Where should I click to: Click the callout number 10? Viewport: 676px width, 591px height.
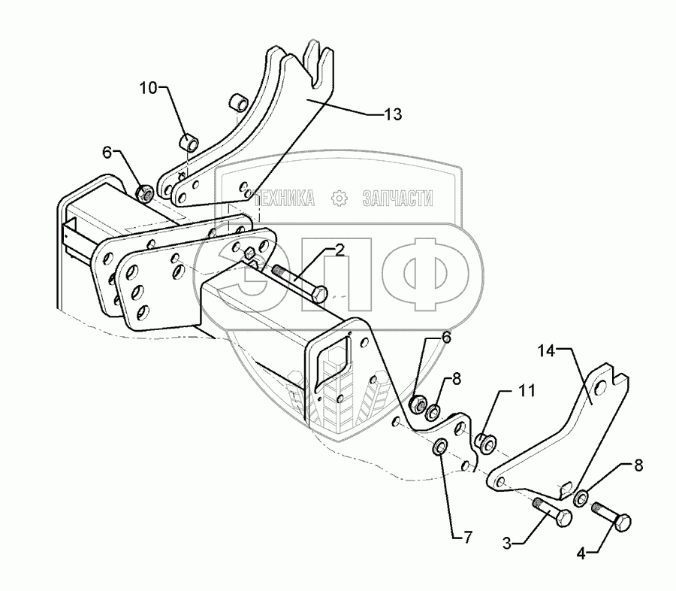(x=147, y=88)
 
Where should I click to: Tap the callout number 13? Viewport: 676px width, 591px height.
(x=392, y=114)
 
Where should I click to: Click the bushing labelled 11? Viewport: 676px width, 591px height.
(x=486, y=441)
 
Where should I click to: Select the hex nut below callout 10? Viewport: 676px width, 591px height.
(x=146, y=193)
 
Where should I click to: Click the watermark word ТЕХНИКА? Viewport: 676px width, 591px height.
(x=284, y=199)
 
